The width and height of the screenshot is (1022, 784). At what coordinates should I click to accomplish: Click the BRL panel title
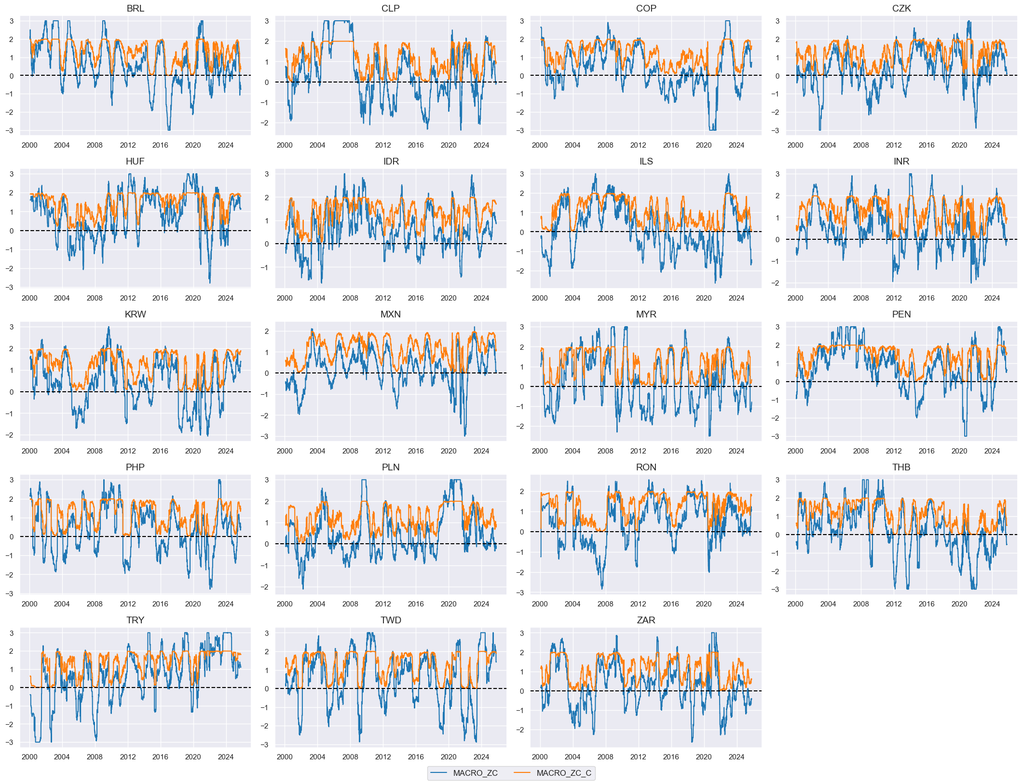[x=135, y=8]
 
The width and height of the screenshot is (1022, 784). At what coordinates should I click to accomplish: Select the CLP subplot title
[x=390, y=8]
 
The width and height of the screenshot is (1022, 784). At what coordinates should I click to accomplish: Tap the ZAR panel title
[x=646, y=620]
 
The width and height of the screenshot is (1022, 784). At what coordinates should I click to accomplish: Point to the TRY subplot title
[x=135, y=620]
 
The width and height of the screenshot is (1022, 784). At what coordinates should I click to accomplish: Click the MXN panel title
[x=390, y=314]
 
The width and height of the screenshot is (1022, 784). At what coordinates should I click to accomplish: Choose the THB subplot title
[x=901, y=467]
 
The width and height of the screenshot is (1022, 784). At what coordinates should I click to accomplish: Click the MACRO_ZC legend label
[x=475, y=773]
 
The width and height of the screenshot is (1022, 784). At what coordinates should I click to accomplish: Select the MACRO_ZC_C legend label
[x=563, y=773]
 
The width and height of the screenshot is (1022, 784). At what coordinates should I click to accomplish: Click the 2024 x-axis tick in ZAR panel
[x=736, y=756]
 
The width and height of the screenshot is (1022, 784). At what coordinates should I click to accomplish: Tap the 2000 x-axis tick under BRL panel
[x=29, y=145]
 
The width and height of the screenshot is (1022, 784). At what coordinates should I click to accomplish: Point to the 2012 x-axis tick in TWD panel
[x=383, y=756]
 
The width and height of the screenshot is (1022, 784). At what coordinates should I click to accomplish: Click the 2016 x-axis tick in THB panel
[x=926, y=604]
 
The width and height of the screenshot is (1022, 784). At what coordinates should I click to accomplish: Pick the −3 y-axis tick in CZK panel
[x=777, y=130]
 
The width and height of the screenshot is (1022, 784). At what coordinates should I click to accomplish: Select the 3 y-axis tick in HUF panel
[x=12, y=174]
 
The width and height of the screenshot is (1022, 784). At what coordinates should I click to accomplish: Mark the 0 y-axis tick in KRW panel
[x=12, y=392]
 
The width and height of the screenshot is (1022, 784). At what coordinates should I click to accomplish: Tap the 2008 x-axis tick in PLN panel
[x=350, y=604]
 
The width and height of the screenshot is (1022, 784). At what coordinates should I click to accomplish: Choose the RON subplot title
[x=646, y=467]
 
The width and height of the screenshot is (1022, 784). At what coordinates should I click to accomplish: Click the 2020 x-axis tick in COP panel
[x=703, y=145]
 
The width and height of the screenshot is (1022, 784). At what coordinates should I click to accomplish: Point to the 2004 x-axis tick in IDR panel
[x=317, y=298]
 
